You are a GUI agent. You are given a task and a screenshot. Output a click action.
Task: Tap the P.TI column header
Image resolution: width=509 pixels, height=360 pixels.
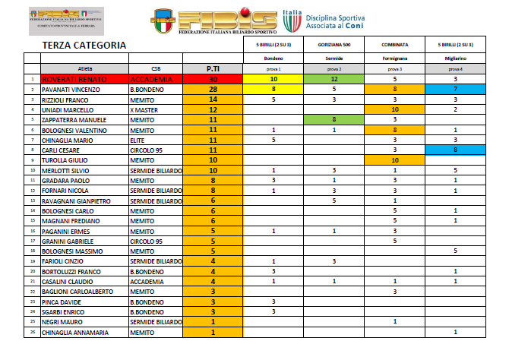tap(213, 68)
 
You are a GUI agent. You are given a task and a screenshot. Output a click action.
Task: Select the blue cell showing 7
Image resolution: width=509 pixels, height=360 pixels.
tap(454, 90)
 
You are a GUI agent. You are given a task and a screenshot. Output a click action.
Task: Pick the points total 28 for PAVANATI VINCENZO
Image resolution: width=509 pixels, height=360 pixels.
tap(213, 90)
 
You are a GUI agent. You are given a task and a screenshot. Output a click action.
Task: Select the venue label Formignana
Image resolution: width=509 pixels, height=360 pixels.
tap(395, 58)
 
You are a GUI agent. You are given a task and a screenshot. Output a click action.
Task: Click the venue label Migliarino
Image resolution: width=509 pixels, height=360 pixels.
tap(454, 58)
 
